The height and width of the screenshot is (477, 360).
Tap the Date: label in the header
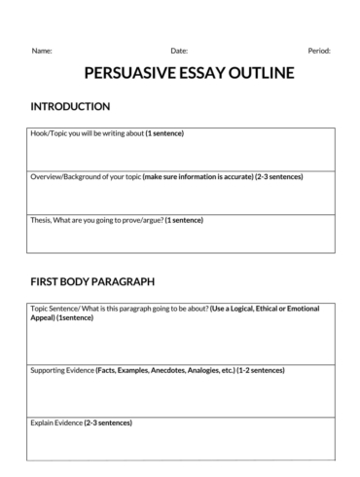click(179, 50)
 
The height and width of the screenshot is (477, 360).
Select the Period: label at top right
click(319, 50)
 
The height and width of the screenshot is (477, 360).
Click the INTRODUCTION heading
click(70, 106)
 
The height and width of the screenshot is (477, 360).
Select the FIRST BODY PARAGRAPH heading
click(92, 282)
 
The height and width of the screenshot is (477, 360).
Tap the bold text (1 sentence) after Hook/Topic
click(164, 132)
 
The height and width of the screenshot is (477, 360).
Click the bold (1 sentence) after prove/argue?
click(184, 221)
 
